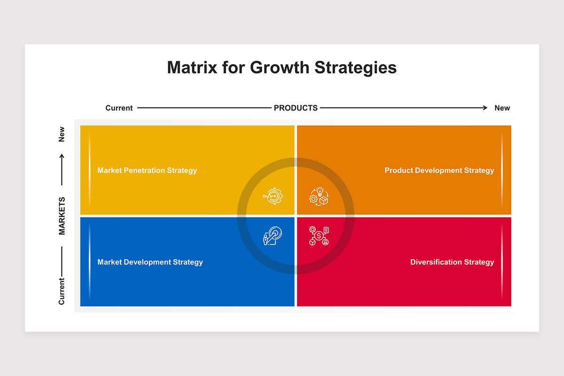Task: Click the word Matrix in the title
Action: (192, 68)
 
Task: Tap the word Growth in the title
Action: (280, 68)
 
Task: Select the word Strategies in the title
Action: (355, 68)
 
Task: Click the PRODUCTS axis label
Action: (296, 108)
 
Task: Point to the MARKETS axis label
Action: (62, 216)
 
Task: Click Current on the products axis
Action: (119, 108)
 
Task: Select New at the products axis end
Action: (502, 108)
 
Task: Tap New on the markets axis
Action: (62, 134)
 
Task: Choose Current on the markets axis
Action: (62, 291)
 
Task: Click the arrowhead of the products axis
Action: (485, 108)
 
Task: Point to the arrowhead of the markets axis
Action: (62, 156)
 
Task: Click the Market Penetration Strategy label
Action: (147, 171)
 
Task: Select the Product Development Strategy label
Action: (439, 171)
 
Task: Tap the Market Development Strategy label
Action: (150, 262)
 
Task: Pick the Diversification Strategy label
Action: (452, 262)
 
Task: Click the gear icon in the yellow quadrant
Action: (273, 196)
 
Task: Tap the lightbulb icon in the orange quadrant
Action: (319, 196)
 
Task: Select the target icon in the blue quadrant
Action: (273, 236)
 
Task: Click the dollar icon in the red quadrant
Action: (319, 236)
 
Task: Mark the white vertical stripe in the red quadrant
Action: (502, 262)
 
